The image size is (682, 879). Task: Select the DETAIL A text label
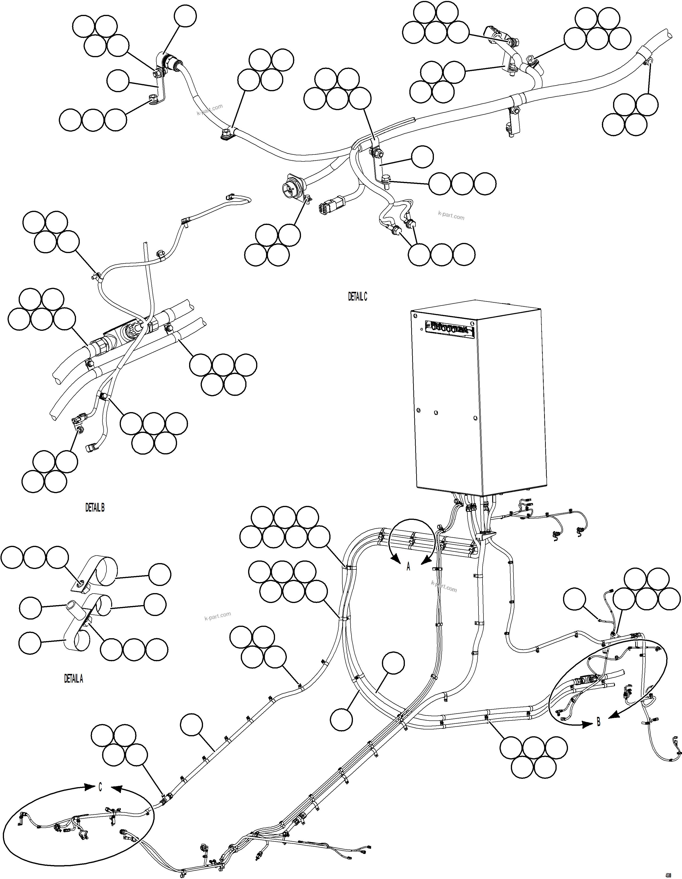pos(74,679)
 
